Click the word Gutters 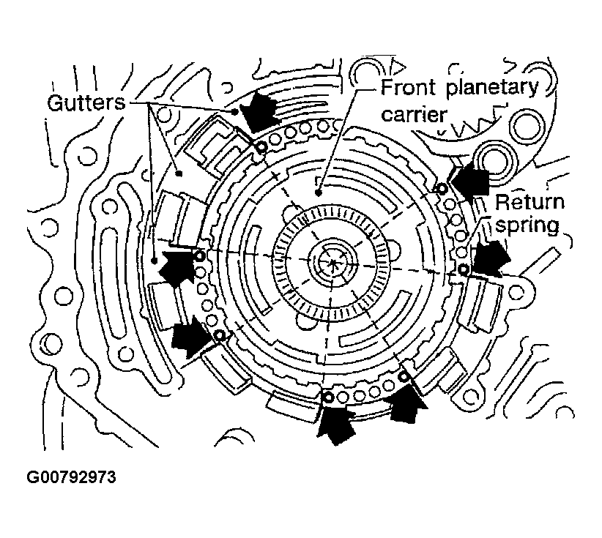tap(83, 102)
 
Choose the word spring tap(527, 224)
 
